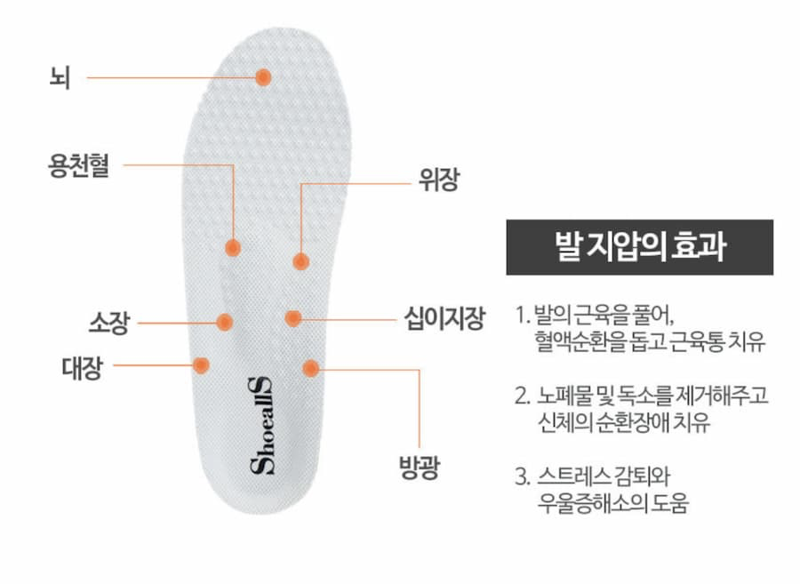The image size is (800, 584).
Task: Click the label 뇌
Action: coord(61,77)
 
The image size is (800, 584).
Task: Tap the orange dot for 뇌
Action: coord(263,77)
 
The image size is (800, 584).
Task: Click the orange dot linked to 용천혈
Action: coord(232,247)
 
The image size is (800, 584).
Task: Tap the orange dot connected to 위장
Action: coord(301,261)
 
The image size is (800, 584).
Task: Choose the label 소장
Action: coord(108,323)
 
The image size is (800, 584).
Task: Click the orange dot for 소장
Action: coord(224,322)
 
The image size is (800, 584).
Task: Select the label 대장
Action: coord(81,366)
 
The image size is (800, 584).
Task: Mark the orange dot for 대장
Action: coord(202,364)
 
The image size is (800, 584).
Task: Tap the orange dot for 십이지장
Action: coord(293,317)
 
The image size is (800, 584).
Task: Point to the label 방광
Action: coord(418,468)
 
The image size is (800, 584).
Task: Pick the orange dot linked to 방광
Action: coord(310,368)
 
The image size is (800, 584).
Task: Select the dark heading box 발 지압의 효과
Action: coord(639,247)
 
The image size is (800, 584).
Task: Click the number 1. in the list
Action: coord(522,316)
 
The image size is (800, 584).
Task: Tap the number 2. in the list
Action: coord(523,394)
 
